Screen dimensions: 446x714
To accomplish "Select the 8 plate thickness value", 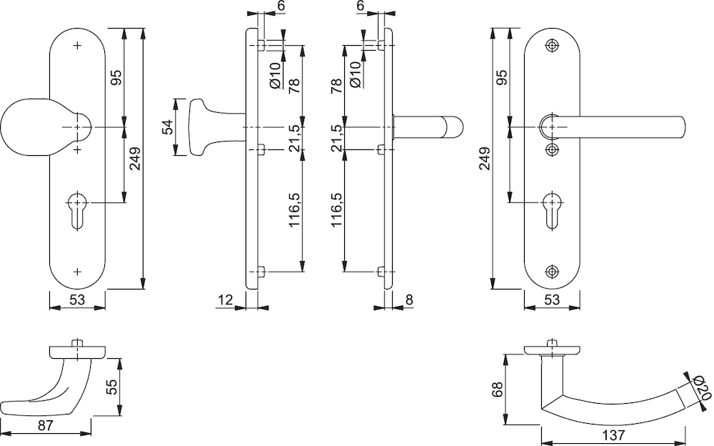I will click(x=408, y=301).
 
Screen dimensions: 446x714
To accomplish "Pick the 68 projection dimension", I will click(x=498, y=390).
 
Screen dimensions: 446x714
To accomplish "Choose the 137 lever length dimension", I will click(x=613, y=435).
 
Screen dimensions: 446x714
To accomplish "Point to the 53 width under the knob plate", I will click(x=78, y=301).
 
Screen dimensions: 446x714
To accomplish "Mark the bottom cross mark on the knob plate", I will click(x=78, y=272).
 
